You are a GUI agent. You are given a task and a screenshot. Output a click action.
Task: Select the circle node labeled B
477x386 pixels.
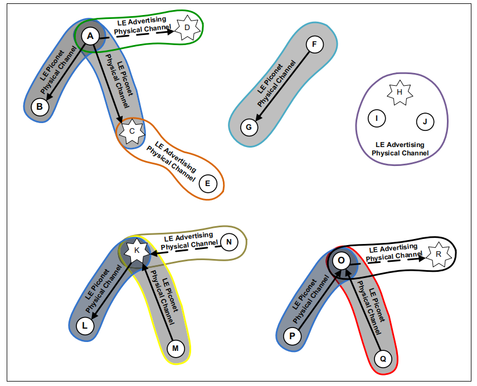tap(40, 106)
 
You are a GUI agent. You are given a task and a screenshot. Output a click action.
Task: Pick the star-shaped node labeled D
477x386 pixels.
tap(187, 27)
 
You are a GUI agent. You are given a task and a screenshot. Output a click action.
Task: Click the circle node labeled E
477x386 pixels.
tap(208, 183)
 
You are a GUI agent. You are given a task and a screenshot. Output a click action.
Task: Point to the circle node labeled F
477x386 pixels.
tap(314, 44)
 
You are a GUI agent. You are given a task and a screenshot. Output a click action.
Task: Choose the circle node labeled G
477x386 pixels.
tap(249, 128)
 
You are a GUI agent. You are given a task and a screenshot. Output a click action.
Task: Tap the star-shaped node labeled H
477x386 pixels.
tap(400, 92)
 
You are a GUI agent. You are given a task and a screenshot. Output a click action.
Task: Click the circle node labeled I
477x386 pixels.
tap(377, 118)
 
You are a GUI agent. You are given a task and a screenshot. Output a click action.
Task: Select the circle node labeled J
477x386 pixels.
tap(424, 121)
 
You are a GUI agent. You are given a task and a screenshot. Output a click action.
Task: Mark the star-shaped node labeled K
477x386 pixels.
tap(137, 251)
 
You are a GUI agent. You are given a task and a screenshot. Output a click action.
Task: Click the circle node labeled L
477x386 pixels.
tap(85, 326)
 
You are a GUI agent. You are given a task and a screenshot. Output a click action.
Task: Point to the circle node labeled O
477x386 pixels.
tap(342, 261)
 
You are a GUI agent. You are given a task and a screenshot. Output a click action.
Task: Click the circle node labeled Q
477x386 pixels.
tap(383, 359)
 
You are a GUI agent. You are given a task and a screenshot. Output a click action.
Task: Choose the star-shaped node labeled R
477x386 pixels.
tap(439, 254)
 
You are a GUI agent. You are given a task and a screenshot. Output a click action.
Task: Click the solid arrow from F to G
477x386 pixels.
tap(281, 86)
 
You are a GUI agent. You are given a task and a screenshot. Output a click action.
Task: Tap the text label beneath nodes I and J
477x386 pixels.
tap(400, 149)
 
